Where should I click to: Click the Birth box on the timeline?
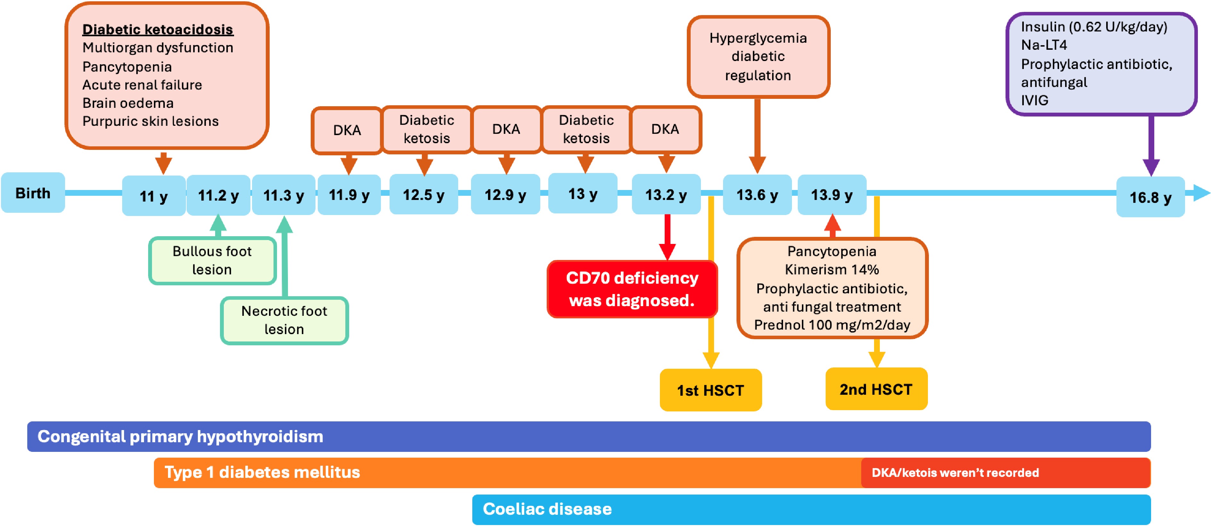point(33,193)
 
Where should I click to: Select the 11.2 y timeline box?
point(218,195)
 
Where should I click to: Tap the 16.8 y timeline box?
point(1150,197)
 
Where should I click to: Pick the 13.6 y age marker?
point(757,194)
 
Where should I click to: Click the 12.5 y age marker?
point(424,194)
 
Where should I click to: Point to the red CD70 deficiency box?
point(632,289)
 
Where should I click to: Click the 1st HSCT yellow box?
point(711,390)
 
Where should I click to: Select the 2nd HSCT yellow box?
point(876,389)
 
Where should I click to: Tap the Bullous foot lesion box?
point(212,260)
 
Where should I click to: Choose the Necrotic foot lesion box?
point(284,320)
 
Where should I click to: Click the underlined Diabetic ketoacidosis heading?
point(158,29)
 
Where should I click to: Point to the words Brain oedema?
point(128,103)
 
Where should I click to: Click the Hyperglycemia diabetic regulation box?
point(758,56)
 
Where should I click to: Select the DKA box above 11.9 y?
point(347,130)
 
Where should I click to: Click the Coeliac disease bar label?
point(547,509)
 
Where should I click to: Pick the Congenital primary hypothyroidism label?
point(180,436)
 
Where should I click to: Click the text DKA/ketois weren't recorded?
point(955,472)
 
